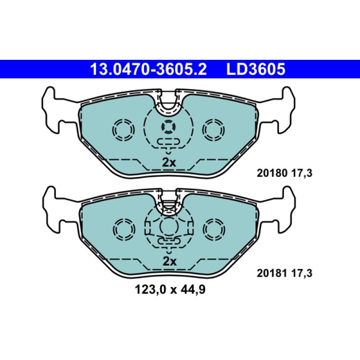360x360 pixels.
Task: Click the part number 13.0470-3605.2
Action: click(x=148, y=69)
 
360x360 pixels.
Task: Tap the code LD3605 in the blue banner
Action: click(x=256, y=69)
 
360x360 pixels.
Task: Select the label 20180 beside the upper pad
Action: click(x=272, y=173)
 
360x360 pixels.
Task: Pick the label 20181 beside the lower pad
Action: click(x=272, y=273)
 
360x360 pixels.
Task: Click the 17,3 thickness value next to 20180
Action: click(x=302, y=173)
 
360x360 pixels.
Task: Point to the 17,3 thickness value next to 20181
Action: click(x=302, y=274)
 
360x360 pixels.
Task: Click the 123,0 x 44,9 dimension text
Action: click(x=170, y=290)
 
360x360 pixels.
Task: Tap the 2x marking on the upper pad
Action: click(x=169, y=162)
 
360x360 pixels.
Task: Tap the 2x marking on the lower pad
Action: click(x=170, y=261)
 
